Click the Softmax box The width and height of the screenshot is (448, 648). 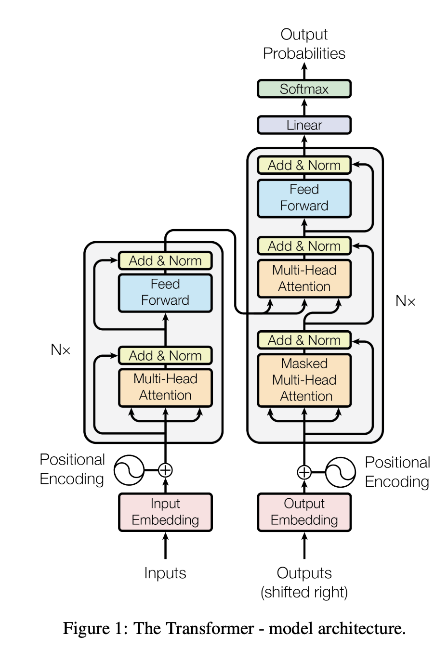tap(304, 89)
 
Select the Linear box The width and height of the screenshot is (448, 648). tap(304, 125)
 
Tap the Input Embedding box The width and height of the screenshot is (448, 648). tap(165, 512)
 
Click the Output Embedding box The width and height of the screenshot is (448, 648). tap(304, 512)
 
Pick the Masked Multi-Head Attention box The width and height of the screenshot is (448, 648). tap(304, 380)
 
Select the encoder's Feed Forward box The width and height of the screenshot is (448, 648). tap(165, 292)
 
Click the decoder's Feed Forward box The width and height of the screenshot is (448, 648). tap(304, 198)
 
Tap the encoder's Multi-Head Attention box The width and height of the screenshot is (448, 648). tap(165, 387)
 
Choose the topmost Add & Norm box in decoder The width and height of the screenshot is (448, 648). tap(304, 165)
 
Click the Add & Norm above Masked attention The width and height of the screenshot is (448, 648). tap(304, 340)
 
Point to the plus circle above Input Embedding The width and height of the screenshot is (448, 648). tap(165, 470)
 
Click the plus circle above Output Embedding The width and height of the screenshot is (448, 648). tap(304, 472)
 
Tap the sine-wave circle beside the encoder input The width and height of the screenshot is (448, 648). tap(129, 470)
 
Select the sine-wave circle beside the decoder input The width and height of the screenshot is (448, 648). tap(341, 472)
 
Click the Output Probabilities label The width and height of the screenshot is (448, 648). tap(304, 44)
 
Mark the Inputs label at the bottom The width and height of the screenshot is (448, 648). tap(165, 573)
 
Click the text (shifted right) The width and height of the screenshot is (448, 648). tap(304, 592)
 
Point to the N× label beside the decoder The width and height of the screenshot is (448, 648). tap(405, 301)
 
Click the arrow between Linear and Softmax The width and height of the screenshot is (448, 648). tap(304, 107)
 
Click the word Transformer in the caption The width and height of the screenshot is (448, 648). tap(193, 628)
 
